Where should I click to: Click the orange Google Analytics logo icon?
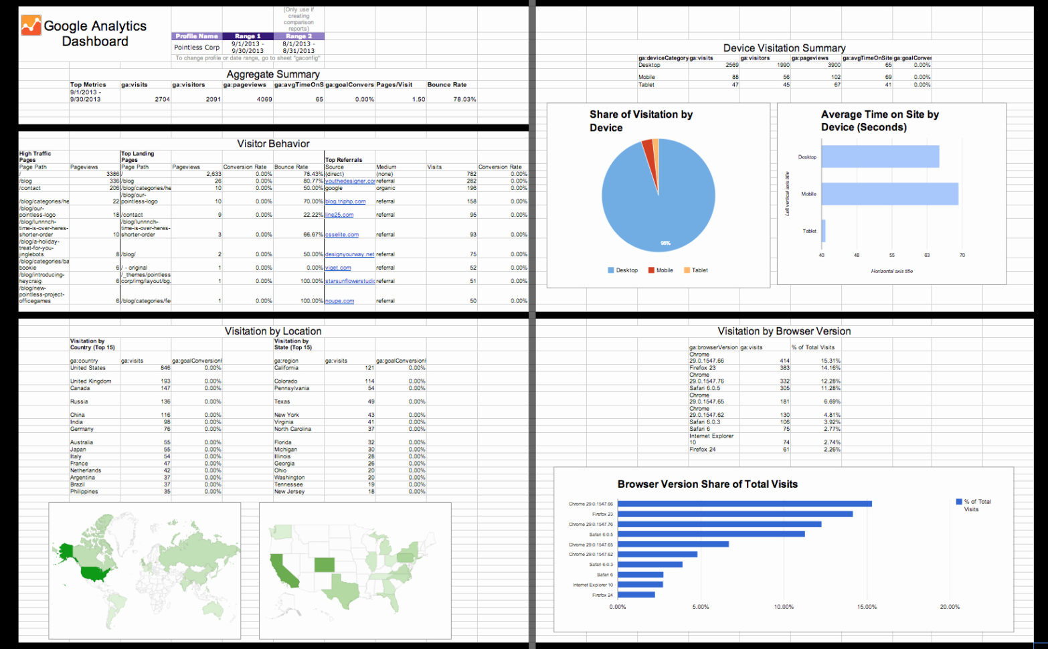tap(31, 25)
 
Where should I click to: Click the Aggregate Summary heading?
tap(272, 74)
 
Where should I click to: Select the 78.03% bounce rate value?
tap(464, 99)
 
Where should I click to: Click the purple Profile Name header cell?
tap(197, 36)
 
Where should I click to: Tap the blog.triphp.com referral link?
tap(345, 201)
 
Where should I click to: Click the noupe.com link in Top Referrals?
tap(340, 301)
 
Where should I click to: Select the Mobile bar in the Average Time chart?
tap(889, 194)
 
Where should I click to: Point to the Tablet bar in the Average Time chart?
tap(823, 231)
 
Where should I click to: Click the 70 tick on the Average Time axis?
tap(962, 255)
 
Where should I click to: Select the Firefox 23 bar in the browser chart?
tap(736, 514)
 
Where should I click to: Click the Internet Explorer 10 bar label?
tap(592, 585)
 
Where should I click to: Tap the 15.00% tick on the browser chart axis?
tap(867, 607)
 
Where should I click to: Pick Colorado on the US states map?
tap(325, 565)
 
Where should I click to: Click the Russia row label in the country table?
tap(79, 401)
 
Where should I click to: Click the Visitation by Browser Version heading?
tap(784, 331)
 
